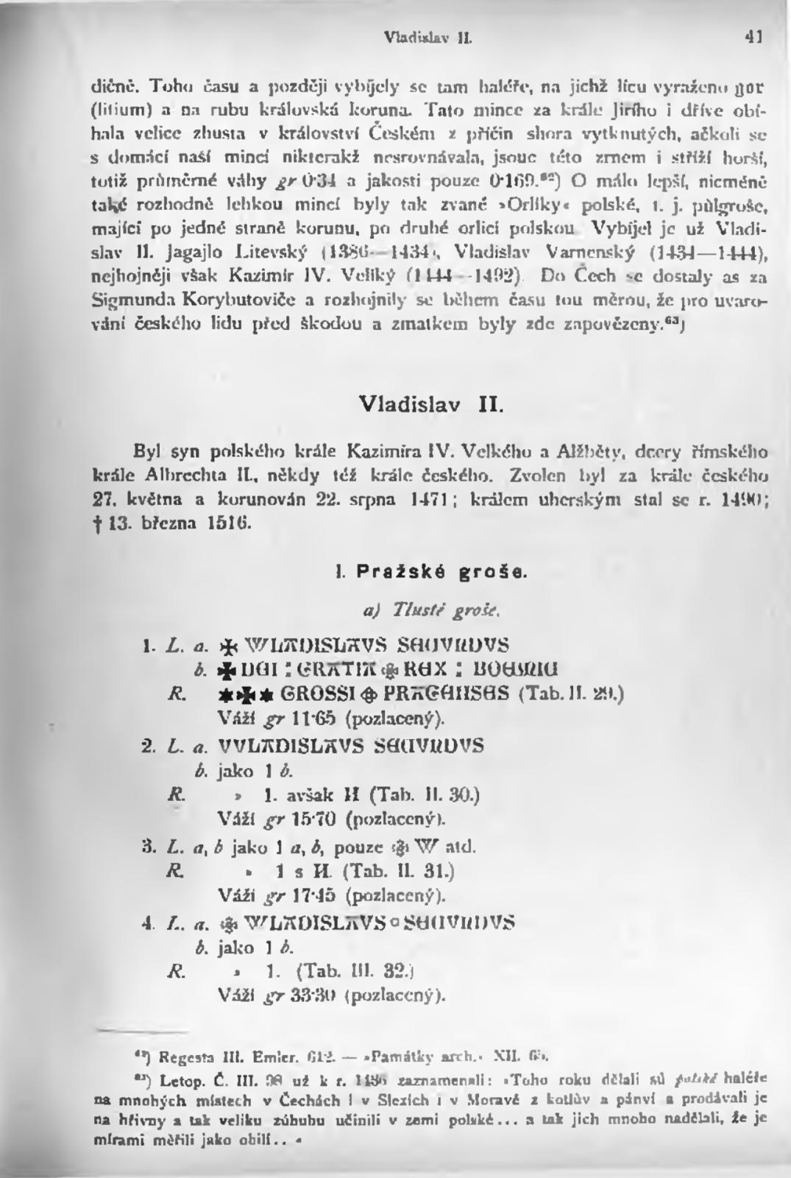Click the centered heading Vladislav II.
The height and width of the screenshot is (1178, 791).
(431, 404)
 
